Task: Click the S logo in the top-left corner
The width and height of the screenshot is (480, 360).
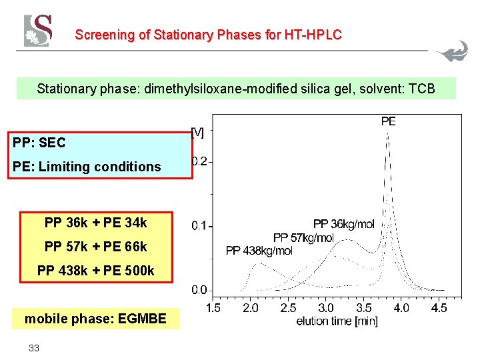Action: tap(38, 31)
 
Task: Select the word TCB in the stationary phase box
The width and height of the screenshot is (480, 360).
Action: tap(419, 88)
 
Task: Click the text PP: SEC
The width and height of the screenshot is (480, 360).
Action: tap(39, 142)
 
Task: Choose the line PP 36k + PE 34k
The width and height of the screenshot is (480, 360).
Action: tap(95, 223)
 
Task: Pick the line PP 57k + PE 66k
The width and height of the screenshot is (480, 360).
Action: tap(95, 247)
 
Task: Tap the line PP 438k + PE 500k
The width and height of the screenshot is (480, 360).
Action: tap(95, 271)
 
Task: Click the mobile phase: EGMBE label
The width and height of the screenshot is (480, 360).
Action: tap(95, 319)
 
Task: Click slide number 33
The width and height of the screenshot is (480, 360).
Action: tap(34, 347)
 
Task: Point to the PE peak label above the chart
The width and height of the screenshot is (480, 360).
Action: tap(388, 121)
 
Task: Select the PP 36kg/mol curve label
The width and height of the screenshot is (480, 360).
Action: tap(343, 224)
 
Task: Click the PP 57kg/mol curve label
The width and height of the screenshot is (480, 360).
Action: tap(303, 237)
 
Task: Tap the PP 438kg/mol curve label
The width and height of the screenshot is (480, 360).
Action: tap(259, 251)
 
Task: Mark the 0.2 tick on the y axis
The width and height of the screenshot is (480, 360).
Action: tap(200, 161)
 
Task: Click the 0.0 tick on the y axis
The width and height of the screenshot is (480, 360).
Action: tap(200, 290)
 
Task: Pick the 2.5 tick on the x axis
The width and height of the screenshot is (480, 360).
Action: tap(288, 308)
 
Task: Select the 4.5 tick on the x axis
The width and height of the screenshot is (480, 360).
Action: tap(439, 308)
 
